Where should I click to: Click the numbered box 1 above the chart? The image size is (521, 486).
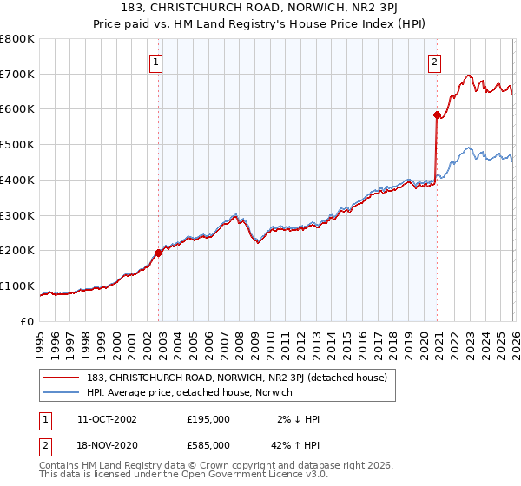tap(155, 62)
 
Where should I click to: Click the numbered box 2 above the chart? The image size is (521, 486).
tap(433, 62)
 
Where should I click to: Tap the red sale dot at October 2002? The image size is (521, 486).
tap(159, 253)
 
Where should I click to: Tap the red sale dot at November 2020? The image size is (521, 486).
tap(437, 114)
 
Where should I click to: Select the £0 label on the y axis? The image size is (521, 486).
tap(28, 322)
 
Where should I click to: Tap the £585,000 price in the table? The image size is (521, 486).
tap(208, 444)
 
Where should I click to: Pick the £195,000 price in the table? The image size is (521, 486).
tap(208, 419)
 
